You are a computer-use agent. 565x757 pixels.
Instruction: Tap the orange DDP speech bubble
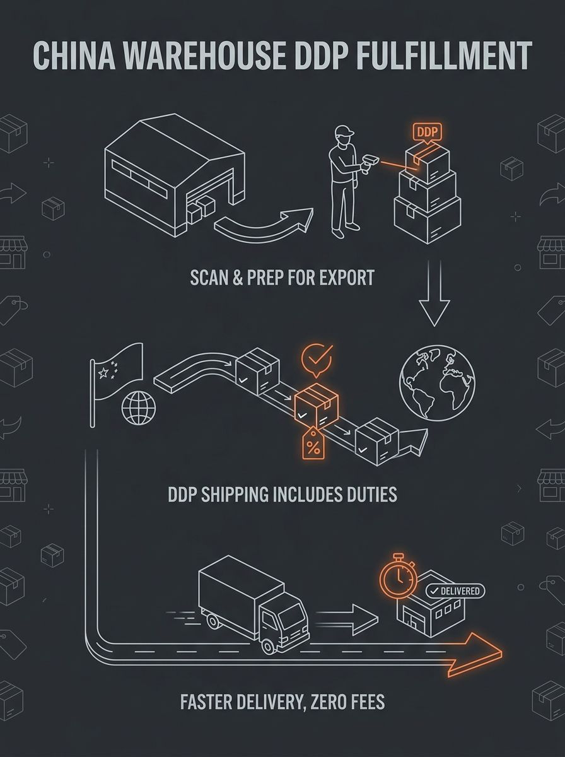click(427, 132)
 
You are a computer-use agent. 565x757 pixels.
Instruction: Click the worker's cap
click(346, 131)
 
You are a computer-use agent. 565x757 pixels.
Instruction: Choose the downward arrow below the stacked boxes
click(434, 293)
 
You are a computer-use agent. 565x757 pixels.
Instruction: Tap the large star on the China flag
click(103, 372)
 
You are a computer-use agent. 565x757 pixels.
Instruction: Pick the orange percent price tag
click(313, 444)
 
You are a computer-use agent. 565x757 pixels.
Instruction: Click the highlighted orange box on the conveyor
click(317, 406)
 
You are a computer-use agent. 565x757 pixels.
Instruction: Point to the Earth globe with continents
click(437, 383)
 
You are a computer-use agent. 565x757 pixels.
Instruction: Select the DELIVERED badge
click(455, 591)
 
